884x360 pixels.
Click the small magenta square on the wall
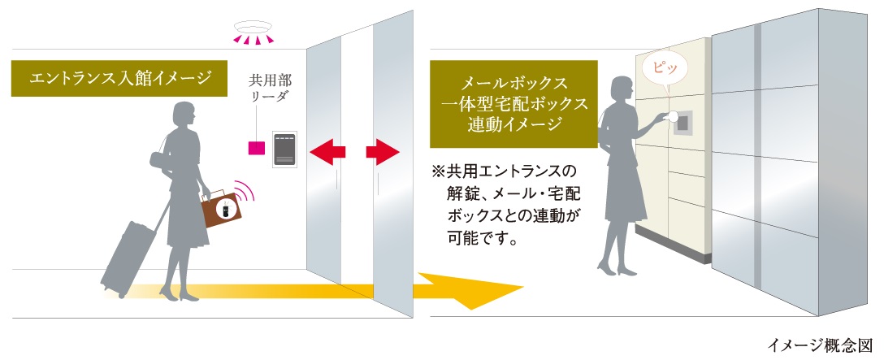click(256, 148)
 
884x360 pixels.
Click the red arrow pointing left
click(328, 150)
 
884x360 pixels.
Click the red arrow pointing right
click(383, 150)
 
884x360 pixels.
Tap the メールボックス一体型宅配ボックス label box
click(513, 103)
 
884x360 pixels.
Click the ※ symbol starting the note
click(438, 171)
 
